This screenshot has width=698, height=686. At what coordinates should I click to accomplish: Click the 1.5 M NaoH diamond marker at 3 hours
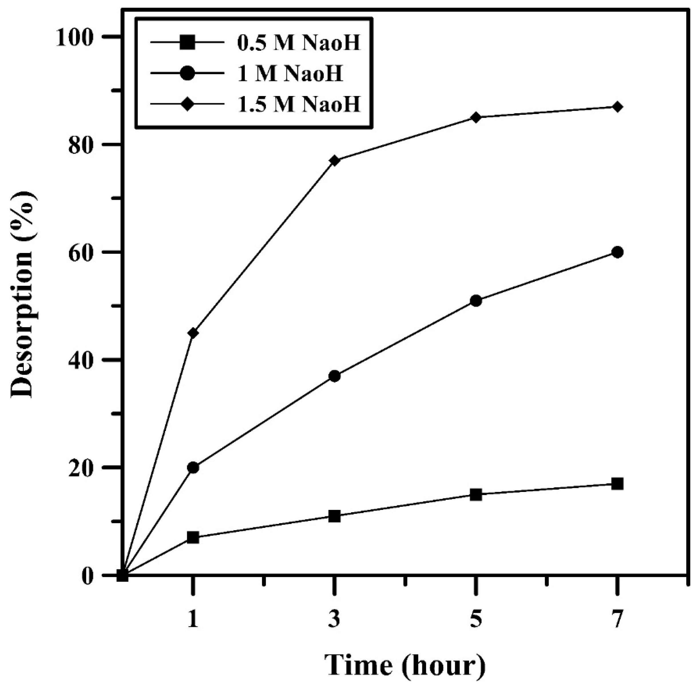tap(335, 160)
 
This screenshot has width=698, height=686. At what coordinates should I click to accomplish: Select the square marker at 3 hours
tap(335, 516)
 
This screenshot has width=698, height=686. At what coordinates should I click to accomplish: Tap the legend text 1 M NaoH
tap(289, 73)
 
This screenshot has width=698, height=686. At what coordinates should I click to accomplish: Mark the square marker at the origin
tap(123, 575)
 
